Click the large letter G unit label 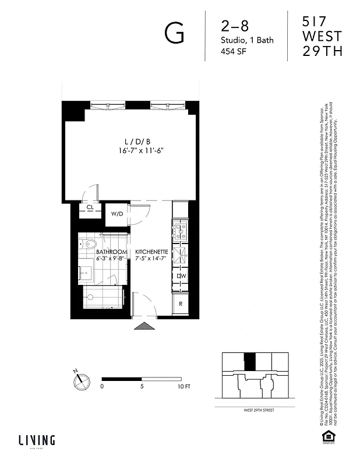175,34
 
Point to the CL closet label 90,207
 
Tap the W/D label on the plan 117,214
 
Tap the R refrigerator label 181,303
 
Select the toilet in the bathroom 89,244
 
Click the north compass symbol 82,382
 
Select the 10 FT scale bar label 184,386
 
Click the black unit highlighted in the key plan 249,361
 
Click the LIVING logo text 36,440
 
